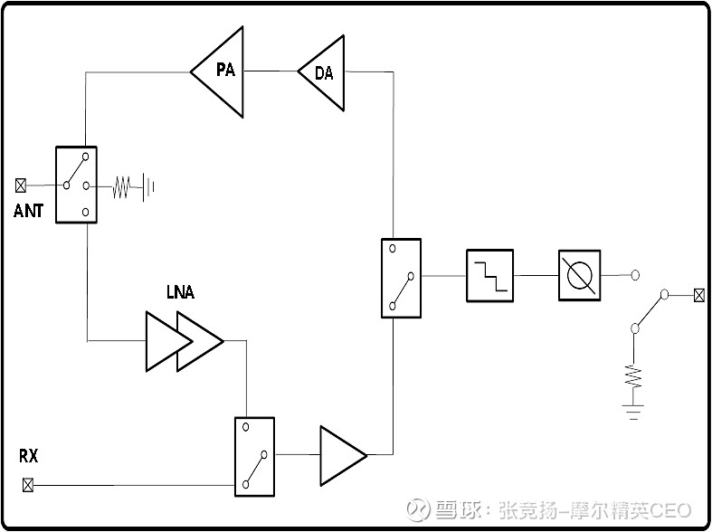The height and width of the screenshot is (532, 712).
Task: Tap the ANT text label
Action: tap(28, 211)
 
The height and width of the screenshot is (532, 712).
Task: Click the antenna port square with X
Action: tap(21, 185)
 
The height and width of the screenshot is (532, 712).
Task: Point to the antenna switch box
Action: tap(76, 185)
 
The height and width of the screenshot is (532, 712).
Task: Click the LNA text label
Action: tap(180, 292)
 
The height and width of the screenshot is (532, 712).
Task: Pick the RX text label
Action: tap(28, 455)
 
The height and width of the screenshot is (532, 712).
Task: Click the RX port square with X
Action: tap(27, 485)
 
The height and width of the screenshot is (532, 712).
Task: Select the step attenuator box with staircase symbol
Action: tap(489, 275)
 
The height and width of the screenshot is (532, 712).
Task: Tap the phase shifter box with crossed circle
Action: tap(578, 275)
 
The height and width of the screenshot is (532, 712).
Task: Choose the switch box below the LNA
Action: tap(254, 456)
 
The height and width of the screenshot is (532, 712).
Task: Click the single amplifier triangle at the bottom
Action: tap(339, 455)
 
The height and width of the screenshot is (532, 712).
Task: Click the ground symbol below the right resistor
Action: tap(633, 412)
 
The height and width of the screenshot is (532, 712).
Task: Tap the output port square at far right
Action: tap(698, 295)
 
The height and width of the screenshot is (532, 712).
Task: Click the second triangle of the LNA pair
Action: tap(197, 341)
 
